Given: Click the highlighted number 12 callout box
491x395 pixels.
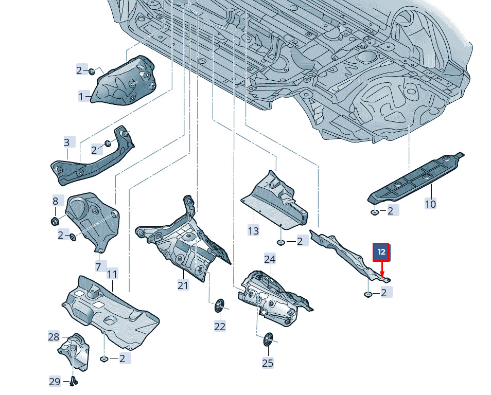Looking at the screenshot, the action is click(x=381, y=252).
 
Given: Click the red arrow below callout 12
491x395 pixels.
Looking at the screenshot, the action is click(x=382, y=270).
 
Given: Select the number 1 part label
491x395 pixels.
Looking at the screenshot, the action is click(x=81, y=97).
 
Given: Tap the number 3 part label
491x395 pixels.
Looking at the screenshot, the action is click(x=67, y=142).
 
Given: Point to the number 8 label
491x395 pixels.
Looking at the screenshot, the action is click(x=56, y=201).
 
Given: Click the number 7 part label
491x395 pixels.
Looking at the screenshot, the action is click(x=98, y=266).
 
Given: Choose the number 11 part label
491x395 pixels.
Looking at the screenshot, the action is click(x=112, y=274).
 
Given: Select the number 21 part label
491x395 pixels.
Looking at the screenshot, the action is click(x=183, y=285).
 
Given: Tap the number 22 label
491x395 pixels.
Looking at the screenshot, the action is click(x=220, y=327).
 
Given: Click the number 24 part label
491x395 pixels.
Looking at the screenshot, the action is click(x=270, y=259).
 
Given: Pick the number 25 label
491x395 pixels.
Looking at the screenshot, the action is click(x=268, y=363).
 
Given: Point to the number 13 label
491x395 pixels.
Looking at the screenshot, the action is click(x=253, y=231).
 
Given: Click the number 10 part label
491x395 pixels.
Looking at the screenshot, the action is click(x=430, y=204).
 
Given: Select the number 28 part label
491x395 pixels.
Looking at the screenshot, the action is click(x=54, y=337).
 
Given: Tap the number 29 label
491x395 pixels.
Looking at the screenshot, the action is click(x=55, y=382).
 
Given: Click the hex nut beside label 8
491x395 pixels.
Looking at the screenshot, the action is click(x=55, y=221).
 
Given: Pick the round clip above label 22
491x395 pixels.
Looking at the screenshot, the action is click(x=220, y=305).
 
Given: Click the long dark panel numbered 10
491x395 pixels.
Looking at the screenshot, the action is click(x=416, y=177).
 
